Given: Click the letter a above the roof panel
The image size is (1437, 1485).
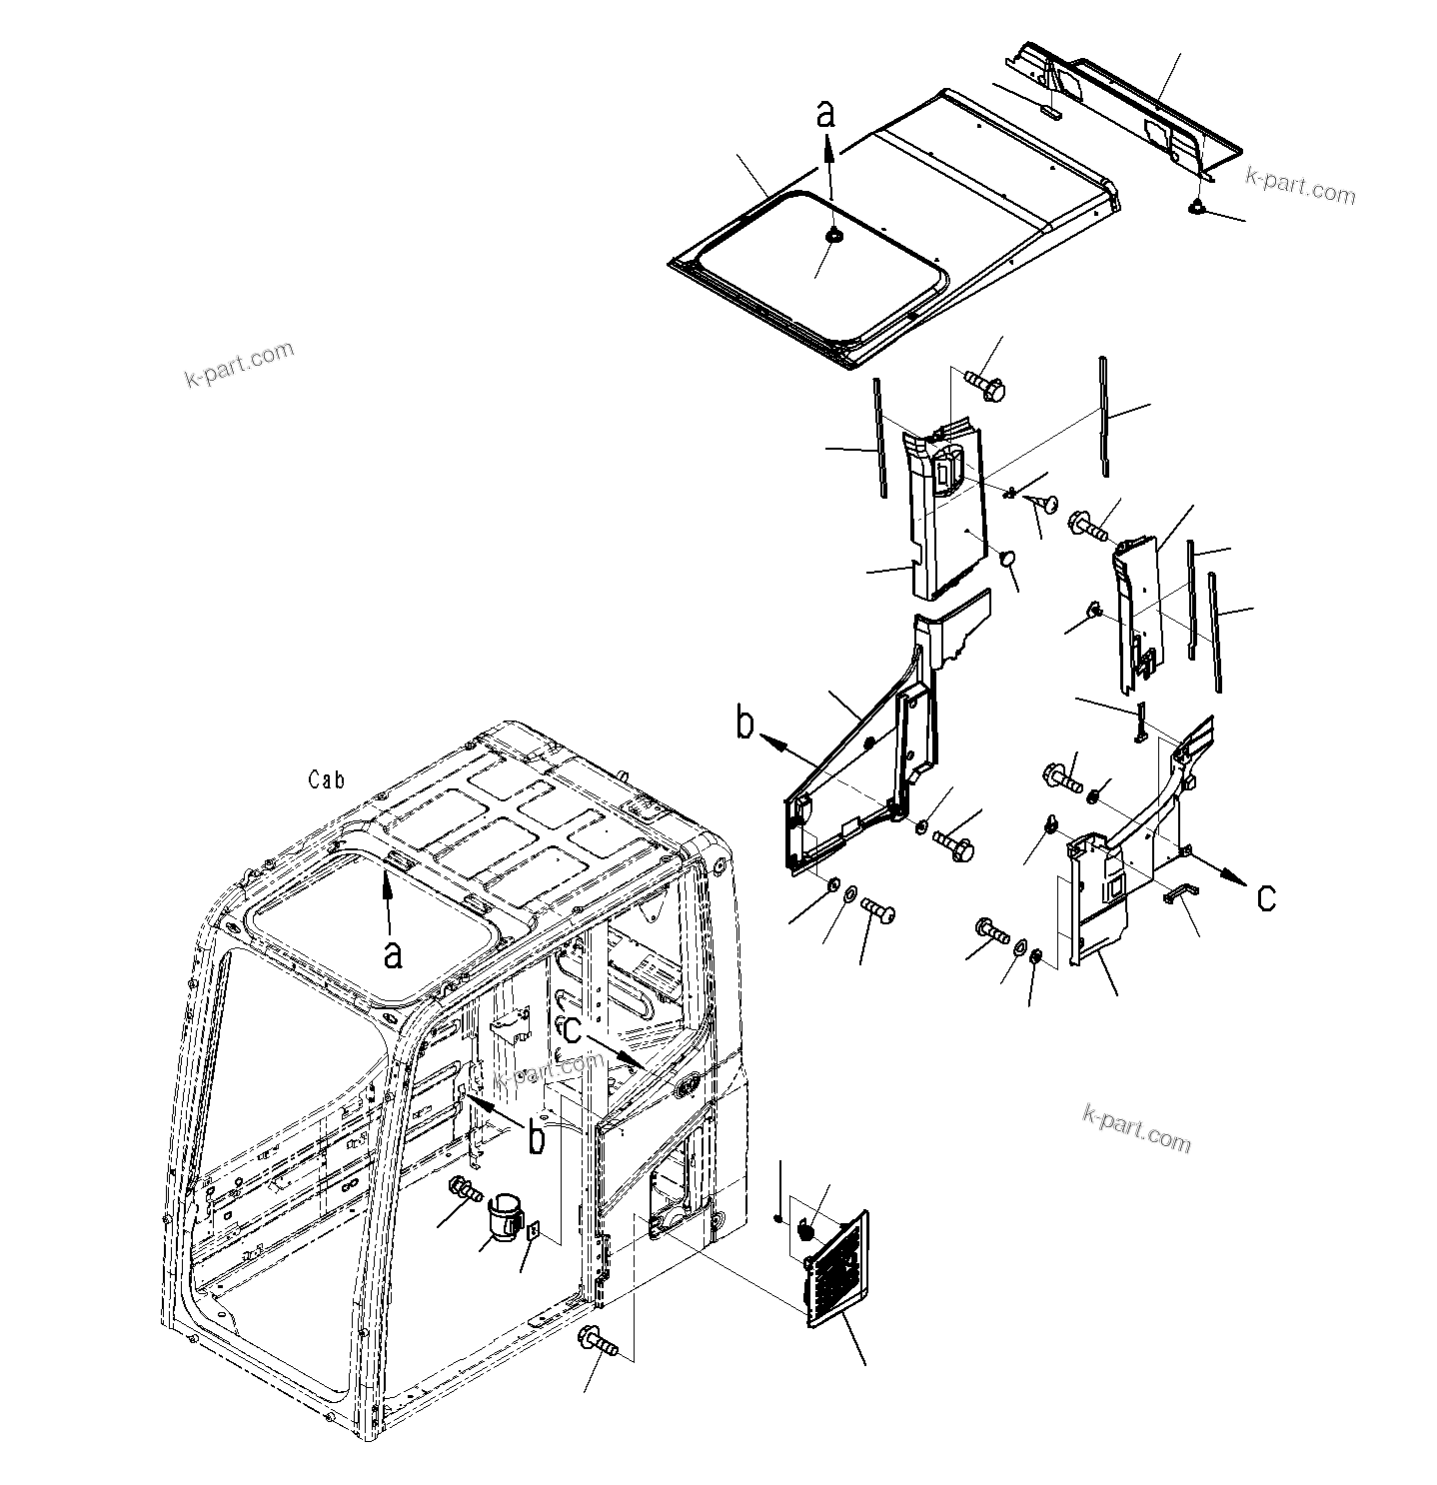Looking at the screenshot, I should [x=824, y=113].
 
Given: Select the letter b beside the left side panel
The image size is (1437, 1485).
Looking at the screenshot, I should [x=744, y=724].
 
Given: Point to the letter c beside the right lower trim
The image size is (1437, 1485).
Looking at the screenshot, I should [x=1265, y=897].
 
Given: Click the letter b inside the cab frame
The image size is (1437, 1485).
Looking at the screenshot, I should [x=537, y=1138].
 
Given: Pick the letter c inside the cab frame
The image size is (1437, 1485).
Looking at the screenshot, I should [x=571, y=1028].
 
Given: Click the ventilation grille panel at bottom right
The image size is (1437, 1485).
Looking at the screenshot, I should [x=837, y=1270].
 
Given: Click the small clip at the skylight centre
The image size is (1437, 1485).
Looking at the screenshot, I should [x=832, y=235].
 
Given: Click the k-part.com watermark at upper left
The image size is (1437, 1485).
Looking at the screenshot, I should [x=240, y=365].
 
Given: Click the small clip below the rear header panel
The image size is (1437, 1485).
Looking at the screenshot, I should [x=1195, y=207].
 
